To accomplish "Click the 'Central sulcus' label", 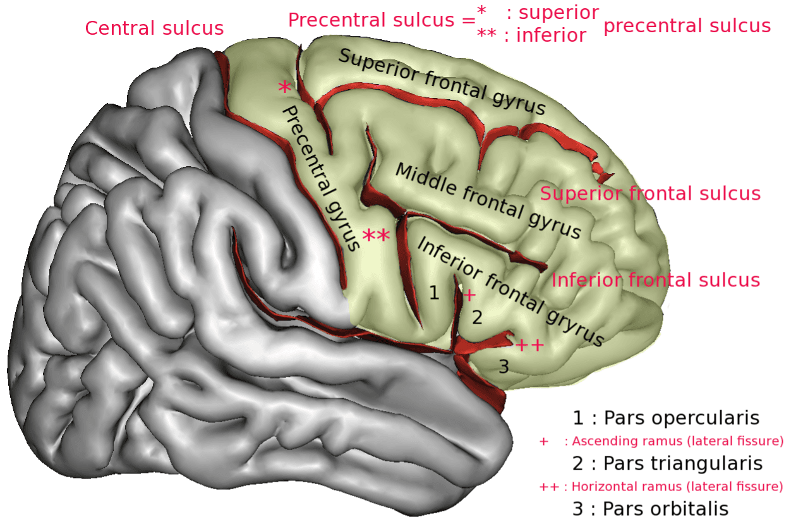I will tap(154, 28).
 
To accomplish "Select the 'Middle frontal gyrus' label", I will tap(487, 200).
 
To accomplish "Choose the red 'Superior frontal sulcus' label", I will tap(649, 193).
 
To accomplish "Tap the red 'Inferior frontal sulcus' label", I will tap(655, 280).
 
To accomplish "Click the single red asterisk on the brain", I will tap(284, 89).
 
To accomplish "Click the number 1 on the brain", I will tap(433, 293).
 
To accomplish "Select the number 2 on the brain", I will tap(478, 317).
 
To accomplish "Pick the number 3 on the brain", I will tap(504, 366).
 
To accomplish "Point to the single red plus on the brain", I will tap(469, 295).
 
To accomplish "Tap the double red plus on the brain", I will tap(529, 345).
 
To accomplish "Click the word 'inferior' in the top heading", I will tap(551, 35).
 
